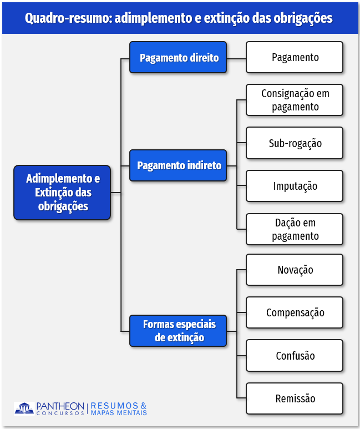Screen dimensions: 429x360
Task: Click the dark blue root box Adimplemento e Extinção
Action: point(63,192)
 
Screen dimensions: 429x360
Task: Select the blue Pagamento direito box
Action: point(179,57)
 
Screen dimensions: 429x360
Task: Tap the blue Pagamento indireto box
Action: point(179,165)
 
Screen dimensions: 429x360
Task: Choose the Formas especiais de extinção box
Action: point(179,331)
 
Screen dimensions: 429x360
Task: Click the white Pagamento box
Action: point(295,57)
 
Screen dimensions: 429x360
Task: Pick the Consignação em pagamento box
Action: point(295,100)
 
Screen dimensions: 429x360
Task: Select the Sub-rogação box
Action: point(295,143)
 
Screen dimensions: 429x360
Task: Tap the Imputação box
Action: point(295,186)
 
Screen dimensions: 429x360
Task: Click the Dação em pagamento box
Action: point(295,229)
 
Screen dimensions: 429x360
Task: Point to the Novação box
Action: point(295,270)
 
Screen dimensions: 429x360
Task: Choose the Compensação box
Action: point(295,312)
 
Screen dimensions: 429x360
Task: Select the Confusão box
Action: point(295,356)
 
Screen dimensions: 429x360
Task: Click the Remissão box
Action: point(295,398)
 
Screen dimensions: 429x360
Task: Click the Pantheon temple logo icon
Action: point(24,408)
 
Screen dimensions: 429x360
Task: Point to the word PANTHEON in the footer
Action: point(60,406)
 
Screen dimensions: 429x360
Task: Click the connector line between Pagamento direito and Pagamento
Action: point(236,58)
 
